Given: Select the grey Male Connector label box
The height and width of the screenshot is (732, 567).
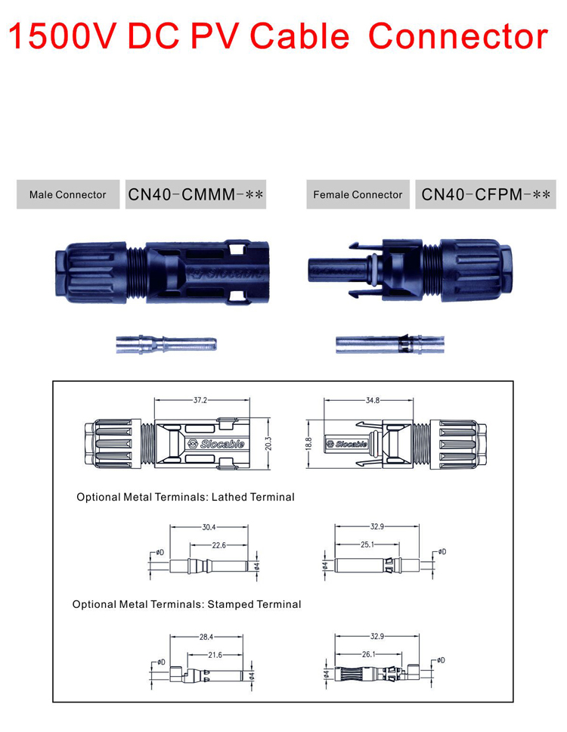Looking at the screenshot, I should [68, 195].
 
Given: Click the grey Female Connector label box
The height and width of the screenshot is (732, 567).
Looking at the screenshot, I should [358, 195].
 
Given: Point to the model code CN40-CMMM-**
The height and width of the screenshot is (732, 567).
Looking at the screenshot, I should [195, 195].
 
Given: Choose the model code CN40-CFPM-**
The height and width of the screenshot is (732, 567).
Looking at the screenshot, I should [485, 195].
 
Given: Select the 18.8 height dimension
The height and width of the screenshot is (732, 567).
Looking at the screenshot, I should [308, 442].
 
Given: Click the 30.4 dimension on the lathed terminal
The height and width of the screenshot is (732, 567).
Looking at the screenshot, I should [209, 527].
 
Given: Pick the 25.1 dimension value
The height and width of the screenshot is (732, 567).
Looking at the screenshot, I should [367, 545].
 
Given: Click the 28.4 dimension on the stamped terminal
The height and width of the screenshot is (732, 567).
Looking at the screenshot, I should [207, 637].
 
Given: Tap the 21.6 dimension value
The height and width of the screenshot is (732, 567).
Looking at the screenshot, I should [215, 655].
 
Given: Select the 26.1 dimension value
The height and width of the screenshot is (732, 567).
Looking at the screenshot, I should [368, 655].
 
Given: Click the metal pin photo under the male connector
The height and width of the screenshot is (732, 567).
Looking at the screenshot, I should [166, 345].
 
